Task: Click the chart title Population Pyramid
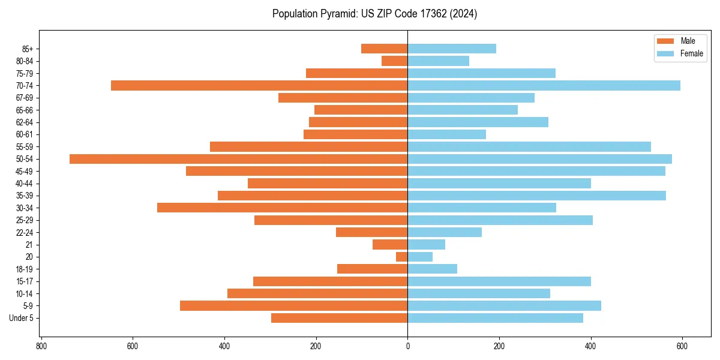coord(374,14)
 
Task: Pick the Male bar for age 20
coord(401,257)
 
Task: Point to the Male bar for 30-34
coord(282,208)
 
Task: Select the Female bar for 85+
coord(452,49)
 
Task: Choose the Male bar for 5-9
coord(293,305)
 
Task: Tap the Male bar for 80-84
coord(394,61)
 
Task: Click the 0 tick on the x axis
coord(407,346)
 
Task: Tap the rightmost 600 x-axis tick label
coord(682,346)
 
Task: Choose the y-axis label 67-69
coord(25,98)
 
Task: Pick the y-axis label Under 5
coord(22,318)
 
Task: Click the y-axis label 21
coord(29,245)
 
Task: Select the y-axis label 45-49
coord(25,171)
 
